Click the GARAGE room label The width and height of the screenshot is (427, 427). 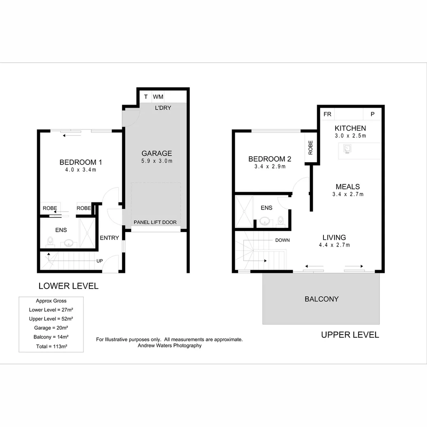click(x=157, y=153)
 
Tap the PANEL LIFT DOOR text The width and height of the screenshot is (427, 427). click(x=155, y=222)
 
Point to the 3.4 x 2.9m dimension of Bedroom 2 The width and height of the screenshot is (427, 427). click(x=270, y=166)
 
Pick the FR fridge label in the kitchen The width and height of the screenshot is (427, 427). click(x=327, y=114)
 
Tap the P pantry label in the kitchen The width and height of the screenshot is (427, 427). click(x=372, y=114)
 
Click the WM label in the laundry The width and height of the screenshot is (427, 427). click(x=158, y=97)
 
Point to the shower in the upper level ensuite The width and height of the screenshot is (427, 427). click(x=244, y=212)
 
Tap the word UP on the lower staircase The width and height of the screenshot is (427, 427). click(x=100, y=261)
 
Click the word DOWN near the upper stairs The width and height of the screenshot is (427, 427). click(x=282, y=240)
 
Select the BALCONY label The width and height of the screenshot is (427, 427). click(x=321, y=299)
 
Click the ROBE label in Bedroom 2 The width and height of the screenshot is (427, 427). click(x=310, y=147)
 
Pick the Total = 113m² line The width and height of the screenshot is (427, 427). click(x=51, y=346)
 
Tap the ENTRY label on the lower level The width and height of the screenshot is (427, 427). click(x=109, y=238)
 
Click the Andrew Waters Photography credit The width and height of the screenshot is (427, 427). click(x=169, y=345)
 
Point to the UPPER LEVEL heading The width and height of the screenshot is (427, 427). click(x=350, y=335)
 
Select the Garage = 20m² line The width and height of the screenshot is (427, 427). click(x=51, y=328)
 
